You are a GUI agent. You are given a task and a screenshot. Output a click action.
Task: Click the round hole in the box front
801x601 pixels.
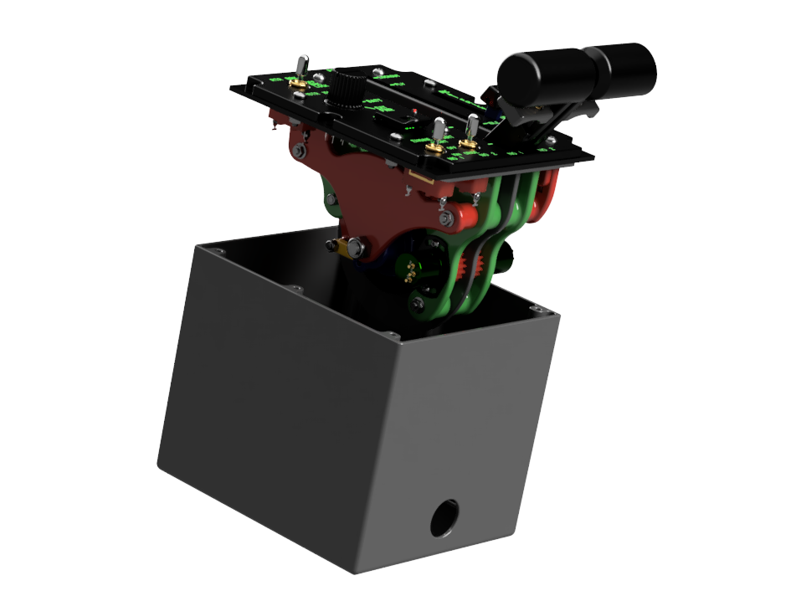(444, 517)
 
